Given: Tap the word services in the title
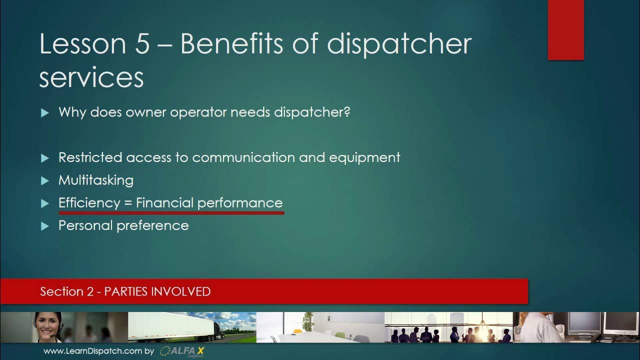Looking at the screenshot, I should (91, 77).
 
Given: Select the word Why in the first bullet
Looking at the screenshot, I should (72, 112).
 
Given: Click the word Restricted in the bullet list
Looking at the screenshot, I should (90, 157).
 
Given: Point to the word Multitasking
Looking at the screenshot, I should (96, 180).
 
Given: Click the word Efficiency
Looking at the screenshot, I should (89, 203).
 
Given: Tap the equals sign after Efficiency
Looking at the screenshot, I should (128, 203).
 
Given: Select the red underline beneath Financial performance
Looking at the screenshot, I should (171, 213).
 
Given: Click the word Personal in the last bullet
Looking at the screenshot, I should (84, 225).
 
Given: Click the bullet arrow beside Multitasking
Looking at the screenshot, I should (45, 180).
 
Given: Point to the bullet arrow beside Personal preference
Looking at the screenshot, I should (45, 226).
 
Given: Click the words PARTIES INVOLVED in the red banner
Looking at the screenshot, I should (157, 291).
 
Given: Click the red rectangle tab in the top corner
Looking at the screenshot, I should (566, 30).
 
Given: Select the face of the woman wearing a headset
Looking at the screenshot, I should (48, 324).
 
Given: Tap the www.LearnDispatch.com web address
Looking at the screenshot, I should (92, 351).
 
